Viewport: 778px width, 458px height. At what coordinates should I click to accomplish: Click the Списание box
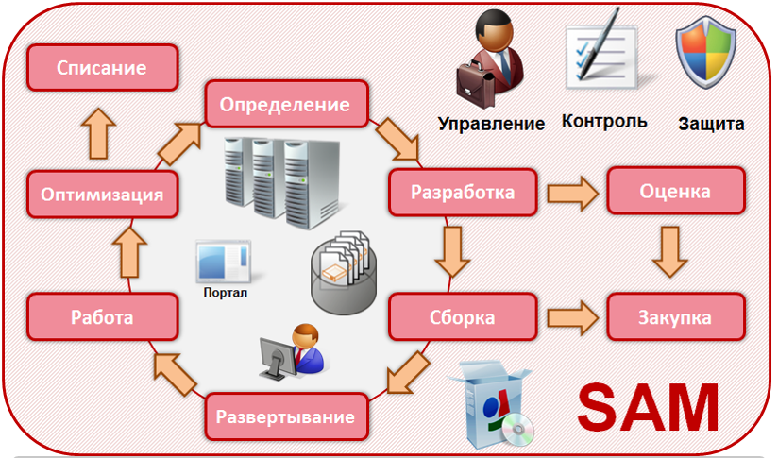pos(102,67)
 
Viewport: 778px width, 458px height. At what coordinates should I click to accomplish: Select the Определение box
pos(286,104)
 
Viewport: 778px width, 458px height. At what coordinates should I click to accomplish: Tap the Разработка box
pos(463,192)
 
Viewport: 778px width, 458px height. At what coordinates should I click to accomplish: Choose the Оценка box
pos(676,191)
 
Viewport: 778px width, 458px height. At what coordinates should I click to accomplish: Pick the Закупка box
pos(676,316)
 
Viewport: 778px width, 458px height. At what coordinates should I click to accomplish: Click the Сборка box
pos(463,316)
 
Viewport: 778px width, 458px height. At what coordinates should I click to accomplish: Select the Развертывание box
pos(286,416)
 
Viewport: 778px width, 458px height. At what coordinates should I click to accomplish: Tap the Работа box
pos(102,316)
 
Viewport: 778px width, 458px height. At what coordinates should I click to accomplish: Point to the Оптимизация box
pos(102,194)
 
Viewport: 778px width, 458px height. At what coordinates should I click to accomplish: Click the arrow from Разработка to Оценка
pos(572,193)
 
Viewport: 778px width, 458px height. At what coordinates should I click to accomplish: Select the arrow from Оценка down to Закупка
pos(669,251)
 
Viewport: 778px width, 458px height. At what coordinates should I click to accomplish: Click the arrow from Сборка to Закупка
pos(572,317)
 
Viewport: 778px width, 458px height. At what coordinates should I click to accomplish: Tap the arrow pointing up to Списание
pos(98,133)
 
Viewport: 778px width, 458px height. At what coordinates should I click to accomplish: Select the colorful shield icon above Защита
pos(705,52)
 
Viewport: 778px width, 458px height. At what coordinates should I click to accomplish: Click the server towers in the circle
pos(281,182)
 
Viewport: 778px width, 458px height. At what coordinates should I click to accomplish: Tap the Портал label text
pos(226,292)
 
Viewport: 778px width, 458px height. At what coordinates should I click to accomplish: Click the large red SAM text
pos(648,407)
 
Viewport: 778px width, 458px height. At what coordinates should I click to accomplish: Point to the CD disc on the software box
pos(517,429)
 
